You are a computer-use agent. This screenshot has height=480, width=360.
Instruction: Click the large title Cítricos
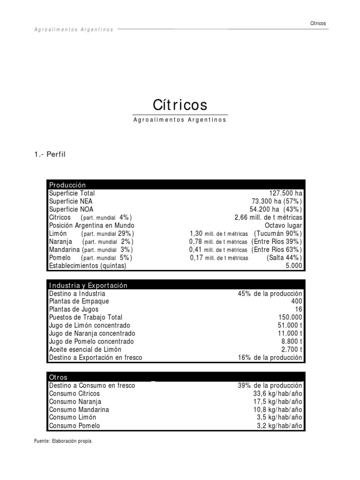click(180, 104)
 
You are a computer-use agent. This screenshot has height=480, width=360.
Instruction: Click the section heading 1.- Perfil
click(49, 155)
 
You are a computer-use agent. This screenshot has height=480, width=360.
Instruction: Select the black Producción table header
click(176, 185)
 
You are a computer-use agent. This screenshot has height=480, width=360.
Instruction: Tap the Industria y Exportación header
click(176, 285)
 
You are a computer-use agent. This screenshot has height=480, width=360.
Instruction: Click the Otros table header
click(176, 377)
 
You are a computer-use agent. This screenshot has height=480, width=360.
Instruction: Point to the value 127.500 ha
click(286, 193)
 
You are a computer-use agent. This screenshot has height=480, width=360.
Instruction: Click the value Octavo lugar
click(284, 225)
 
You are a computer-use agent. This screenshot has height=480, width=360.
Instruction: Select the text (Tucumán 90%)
click(278, 233)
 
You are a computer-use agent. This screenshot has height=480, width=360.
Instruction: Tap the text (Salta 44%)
click(285, 258)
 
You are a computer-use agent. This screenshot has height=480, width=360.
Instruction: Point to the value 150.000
click(290, 317)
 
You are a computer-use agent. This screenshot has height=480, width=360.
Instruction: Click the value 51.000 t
click(290, 325)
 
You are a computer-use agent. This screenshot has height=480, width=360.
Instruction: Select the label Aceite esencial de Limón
click(85, 350)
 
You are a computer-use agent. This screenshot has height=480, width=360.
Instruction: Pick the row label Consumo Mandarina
click(79, 410)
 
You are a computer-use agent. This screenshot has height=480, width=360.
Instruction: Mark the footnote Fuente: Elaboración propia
click(63, 441)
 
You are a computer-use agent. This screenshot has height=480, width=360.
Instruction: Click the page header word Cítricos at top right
click(318, 23)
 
